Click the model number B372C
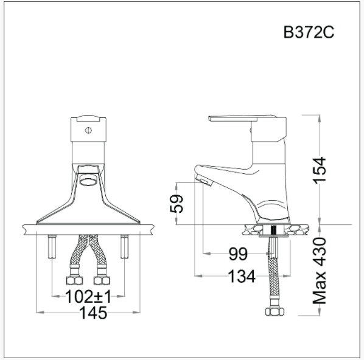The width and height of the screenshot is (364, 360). click(x=309, y=33)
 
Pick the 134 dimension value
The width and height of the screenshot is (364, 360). click(x=242, y=277)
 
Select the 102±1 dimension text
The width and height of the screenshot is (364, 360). click(x=88, y=297)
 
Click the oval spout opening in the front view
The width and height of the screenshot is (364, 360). click(x=89, y=179)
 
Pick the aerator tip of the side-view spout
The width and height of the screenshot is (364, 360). click(x=202, y=179)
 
